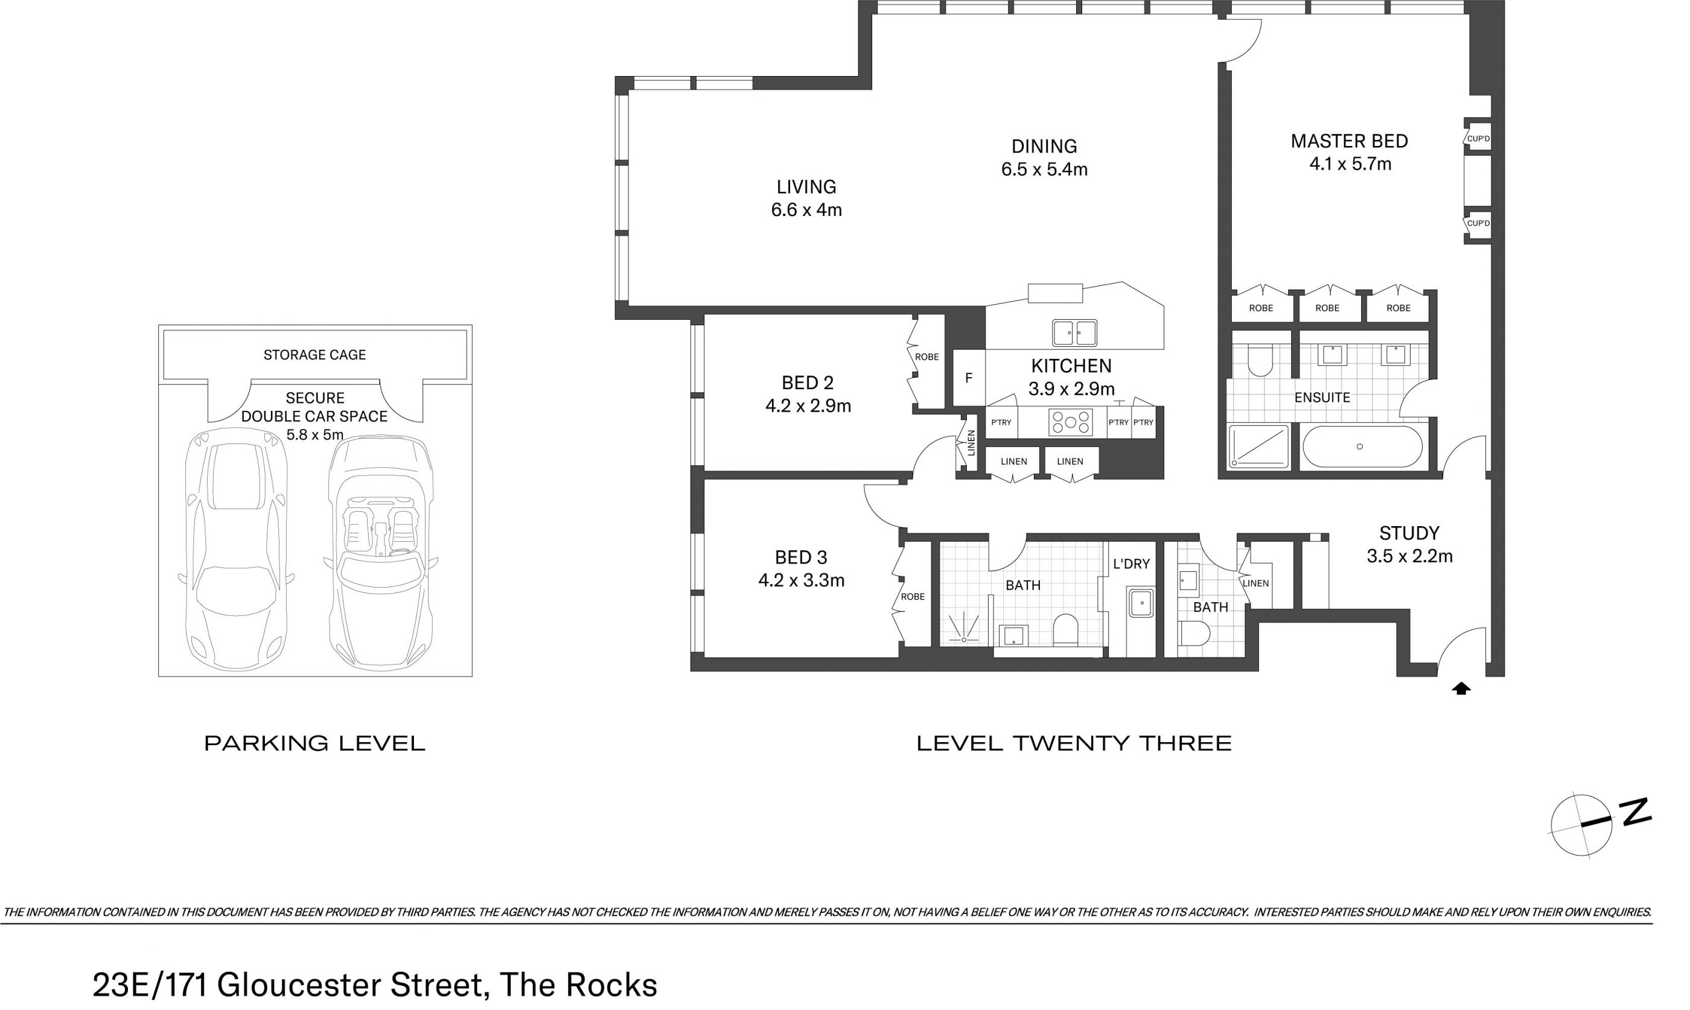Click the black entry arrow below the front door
tap(1461, 689)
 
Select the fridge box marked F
tap(969, 378)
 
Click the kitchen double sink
tap(1075, 333)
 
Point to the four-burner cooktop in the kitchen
tap(1071, 422)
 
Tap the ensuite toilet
tap(1260, 361)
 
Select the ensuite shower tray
tap(1259, 446)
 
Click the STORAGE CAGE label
tap(314, 355)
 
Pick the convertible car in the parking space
tap(380, 551)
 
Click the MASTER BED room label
tap(1349, 141)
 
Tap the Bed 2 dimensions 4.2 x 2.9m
tap(808, 406)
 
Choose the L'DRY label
tap(1131, 564)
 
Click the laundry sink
tap(1141, 603)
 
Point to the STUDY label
tap(1409, 533)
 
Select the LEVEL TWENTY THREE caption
tap(1074, 743)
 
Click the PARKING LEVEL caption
tap(314, 743)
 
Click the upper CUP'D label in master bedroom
tap(1478, 139)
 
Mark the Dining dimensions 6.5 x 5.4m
tap(1044, 170)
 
